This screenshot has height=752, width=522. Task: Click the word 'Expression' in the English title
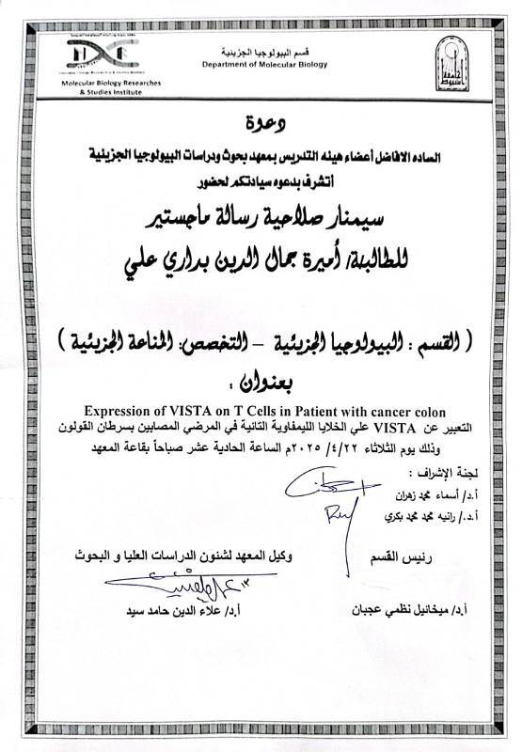(x=119, y=411)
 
